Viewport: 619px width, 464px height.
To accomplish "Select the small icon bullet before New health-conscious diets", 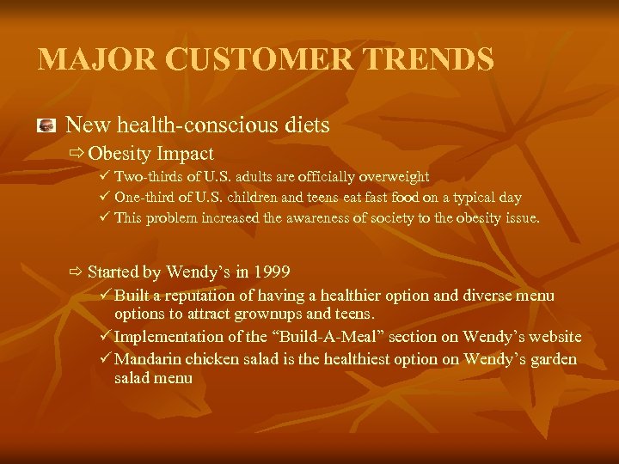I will tap(47, 126).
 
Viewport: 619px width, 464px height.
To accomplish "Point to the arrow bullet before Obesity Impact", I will tap(77, 155).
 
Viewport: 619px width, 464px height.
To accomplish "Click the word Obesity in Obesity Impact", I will tap(120, 155).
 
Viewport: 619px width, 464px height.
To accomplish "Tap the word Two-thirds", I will tap(148, 177).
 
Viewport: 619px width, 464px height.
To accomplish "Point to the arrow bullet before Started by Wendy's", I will tap(77, 272).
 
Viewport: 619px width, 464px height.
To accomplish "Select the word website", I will tap(552, 337).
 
